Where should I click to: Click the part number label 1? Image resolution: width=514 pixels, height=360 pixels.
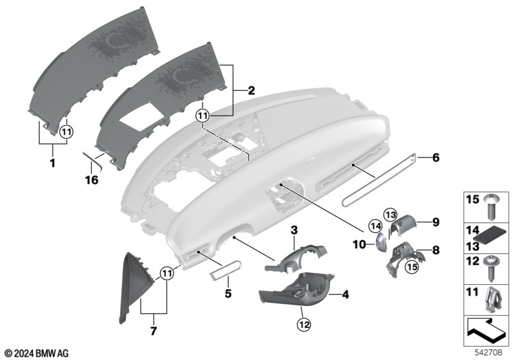pos(52,164)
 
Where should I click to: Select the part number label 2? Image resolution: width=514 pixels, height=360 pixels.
pos(251,91)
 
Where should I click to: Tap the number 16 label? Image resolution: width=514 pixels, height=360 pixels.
pos(92,181)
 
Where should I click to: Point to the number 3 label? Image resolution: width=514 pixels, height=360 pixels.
pos(294,230)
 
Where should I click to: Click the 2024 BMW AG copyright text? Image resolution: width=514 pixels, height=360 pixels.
pos(37,353)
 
